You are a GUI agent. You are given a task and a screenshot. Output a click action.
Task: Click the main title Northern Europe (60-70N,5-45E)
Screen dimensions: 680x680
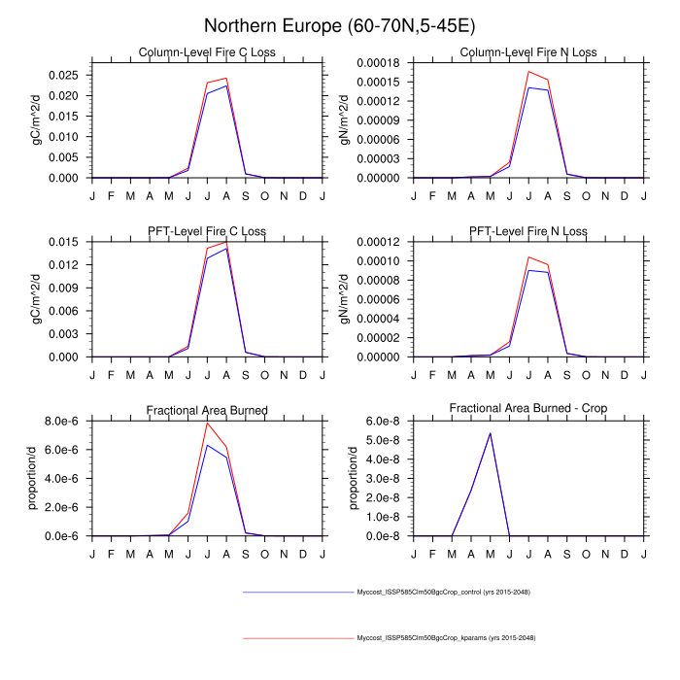click(340, 24)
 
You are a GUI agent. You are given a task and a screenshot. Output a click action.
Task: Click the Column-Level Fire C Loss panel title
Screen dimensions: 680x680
click(206, 52)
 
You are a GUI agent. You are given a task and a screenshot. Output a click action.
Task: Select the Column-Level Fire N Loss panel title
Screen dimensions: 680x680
click(528, 52)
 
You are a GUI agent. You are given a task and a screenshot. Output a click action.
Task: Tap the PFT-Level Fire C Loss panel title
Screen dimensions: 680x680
click(206, 231)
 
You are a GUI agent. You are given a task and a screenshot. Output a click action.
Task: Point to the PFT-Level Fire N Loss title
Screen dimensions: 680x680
click(528, 231)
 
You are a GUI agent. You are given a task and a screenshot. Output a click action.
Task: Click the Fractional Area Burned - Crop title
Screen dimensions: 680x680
click(528, 410)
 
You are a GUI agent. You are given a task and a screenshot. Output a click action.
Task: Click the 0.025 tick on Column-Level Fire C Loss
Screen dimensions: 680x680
click(65, 75)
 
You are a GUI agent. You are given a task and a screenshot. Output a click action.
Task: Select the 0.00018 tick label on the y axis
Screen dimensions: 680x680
click(386, 63)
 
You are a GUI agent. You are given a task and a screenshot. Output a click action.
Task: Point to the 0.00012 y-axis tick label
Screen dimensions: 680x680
click(386, 242)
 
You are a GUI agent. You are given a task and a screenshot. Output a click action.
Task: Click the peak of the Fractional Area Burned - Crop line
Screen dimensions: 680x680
click(490, 433)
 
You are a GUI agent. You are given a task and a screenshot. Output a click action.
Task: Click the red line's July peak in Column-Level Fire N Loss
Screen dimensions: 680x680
click(528, 71)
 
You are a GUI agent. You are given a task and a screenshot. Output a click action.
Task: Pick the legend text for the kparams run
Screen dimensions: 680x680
click(446, 637)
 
